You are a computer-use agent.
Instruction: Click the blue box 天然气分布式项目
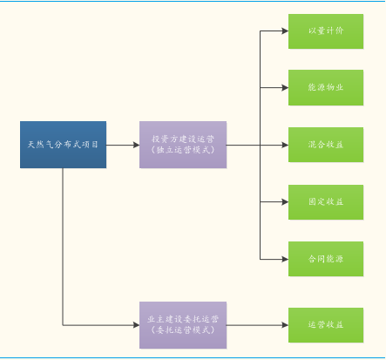tap(63, 145)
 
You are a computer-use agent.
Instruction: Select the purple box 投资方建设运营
tap(183, 145)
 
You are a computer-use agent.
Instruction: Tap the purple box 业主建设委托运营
tap(183, 325)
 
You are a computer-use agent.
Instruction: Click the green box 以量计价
tap(326, 31)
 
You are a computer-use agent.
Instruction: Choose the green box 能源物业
tap(326, 87)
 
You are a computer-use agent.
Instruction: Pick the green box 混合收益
tap(326, 145)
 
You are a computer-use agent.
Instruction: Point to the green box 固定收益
tap(326, 202)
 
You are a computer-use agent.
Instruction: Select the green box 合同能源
tap(326, 259)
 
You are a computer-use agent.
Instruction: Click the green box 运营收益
tap(326, 325)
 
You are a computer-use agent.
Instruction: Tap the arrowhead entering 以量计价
tap(285, 31)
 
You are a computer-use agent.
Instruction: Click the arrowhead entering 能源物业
tap(285, 87)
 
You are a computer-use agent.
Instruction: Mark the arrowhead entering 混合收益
tap(285, 145)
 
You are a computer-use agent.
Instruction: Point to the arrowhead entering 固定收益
tap(285, 202)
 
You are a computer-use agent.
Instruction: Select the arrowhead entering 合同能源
tap(285, 259)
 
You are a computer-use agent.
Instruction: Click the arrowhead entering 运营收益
tap(285, 325)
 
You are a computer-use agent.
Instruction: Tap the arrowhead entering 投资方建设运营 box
tap(136, 145)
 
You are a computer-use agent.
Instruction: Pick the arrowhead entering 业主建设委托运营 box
tap(136, 325)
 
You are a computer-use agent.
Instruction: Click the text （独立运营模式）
tap(183, 150)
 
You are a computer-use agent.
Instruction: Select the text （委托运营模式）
tap(183, 330)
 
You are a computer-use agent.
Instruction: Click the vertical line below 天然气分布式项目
tap(63, 247)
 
